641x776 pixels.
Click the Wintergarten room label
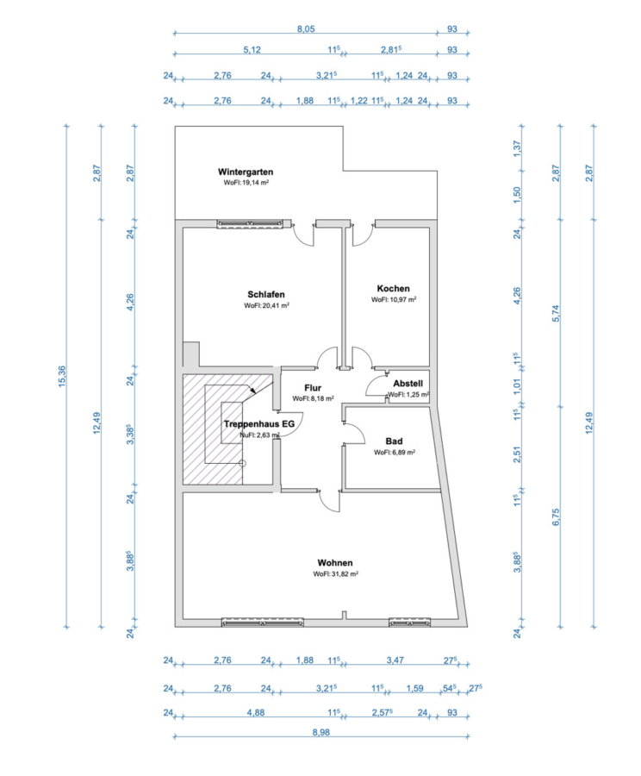[x=246, y=172]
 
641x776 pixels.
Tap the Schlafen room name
[x=266, y=295]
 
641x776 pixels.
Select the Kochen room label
[x=393, y=289]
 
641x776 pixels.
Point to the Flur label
[x=313, y=388]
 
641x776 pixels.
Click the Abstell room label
[x=408, y=384]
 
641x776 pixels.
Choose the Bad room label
[x=395, y=441]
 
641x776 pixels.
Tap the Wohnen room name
[x=335, y=563]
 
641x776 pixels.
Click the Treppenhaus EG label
[x=259, y=424]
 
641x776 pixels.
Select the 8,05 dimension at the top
[x=306, y=29]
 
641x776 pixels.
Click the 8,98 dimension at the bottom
[x=321, y=732]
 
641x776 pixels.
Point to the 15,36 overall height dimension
[x=62, y=377]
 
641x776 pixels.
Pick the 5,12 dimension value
[x=252, y=50]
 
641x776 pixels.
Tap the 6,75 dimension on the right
[x=556, y=517]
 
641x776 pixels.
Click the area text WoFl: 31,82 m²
[x=335, y=574]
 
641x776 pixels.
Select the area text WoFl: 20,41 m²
[x=266, y=305]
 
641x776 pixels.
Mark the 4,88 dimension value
[x=256, y=713]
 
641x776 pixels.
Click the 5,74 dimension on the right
[x=556, y=314]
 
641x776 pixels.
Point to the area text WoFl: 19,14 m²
[x=246, y=183]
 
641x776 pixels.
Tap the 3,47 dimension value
[x=395, y=660]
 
